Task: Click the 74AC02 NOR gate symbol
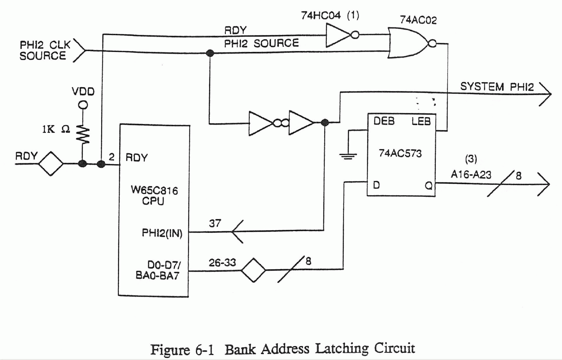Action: point(408,43)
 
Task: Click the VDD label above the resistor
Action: point(83,92)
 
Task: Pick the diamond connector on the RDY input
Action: point(51,163)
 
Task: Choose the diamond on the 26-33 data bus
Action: point(253,270)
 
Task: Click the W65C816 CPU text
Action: point(154,195)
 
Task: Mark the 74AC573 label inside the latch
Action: point(400,154)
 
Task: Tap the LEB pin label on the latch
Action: point(421,121)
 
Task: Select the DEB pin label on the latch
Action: point(384,121)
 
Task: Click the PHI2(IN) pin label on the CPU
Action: point(162,233)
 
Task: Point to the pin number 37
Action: point(215,223)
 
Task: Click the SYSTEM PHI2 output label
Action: point(497,87)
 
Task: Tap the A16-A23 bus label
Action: point(471,175)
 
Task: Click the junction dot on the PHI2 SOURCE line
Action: point(210,53)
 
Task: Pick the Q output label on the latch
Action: point(428,185)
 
